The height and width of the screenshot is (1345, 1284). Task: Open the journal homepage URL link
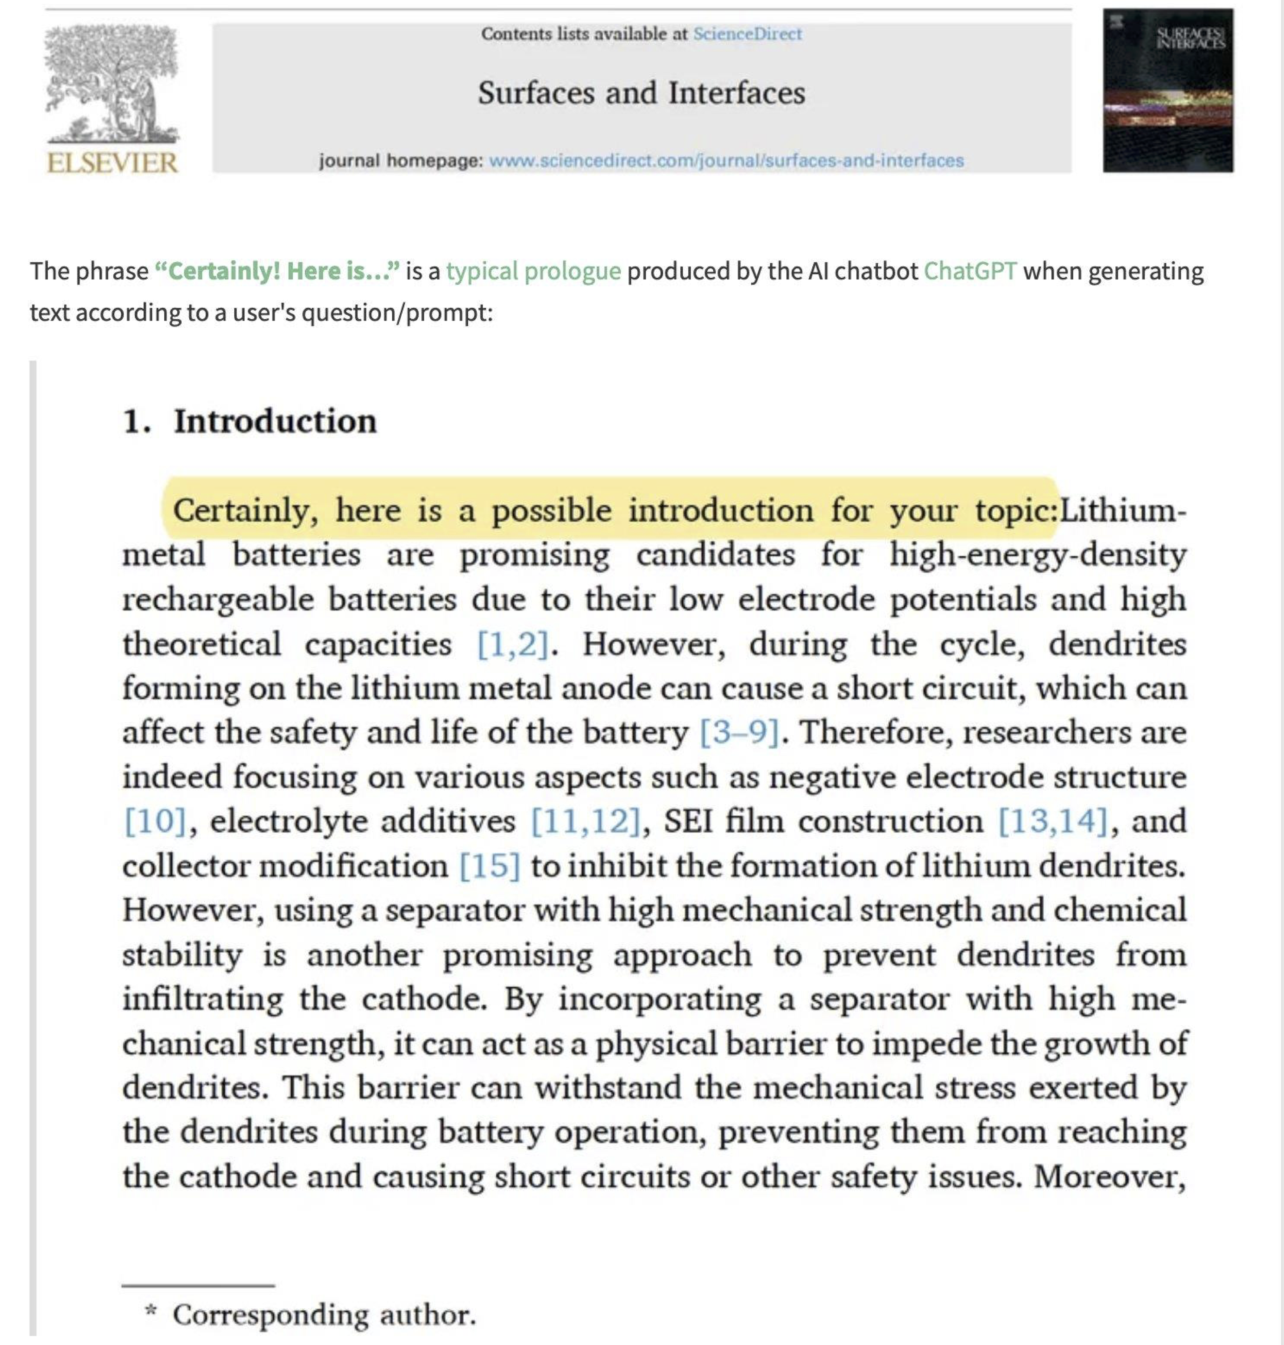(x=726, y=161)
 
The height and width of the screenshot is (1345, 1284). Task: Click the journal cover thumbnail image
(x=1168, y=90)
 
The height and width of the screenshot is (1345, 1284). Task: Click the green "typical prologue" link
(x=533, y=271)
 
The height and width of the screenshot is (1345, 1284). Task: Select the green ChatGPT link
(x=969, y=271)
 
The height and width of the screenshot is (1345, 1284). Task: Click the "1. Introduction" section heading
(x=250, y=421)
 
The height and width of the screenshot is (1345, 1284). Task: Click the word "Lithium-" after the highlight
(x=1122, y=511)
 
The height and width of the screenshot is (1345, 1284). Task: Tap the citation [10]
(x=155, y=822)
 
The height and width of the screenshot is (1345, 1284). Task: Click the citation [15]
(x=490, y=866)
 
